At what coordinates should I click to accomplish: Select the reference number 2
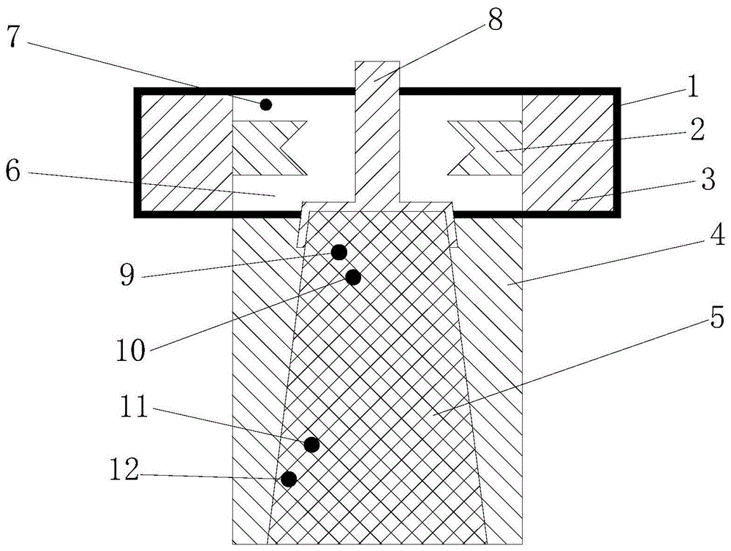696,131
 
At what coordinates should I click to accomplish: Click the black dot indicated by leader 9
338,252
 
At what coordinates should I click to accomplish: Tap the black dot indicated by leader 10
353,277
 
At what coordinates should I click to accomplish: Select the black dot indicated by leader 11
311,444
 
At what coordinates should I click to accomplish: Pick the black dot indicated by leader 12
289,479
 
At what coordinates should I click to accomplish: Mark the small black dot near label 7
266,104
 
